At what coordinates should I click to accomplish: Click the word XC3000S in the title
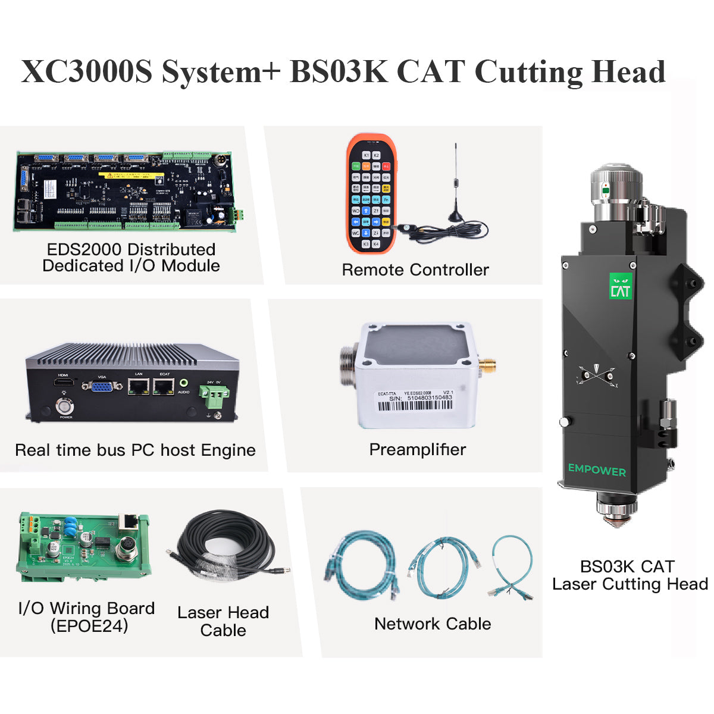87,73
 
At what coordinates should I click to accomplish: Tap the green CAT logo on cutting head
621,286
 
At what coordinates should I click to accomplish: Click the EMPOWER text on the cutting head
597,470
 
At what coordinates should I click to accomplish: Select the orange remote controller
371,193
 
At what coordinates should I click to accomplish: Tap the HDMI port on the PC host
63,382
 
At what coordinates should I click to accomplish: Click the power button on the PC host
64,407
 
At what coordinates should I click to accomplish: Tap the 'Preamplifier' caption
418,449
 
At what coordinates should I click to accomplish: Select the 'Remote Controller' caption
415,270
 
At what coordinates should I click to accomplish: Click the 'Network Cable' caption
433,624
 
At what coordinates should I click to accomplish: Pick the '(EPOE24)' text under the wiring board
89,626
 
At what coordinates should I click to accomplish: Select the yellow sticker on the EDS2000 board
131,176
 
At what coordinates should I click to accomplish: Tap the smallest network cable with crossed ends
511,565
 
